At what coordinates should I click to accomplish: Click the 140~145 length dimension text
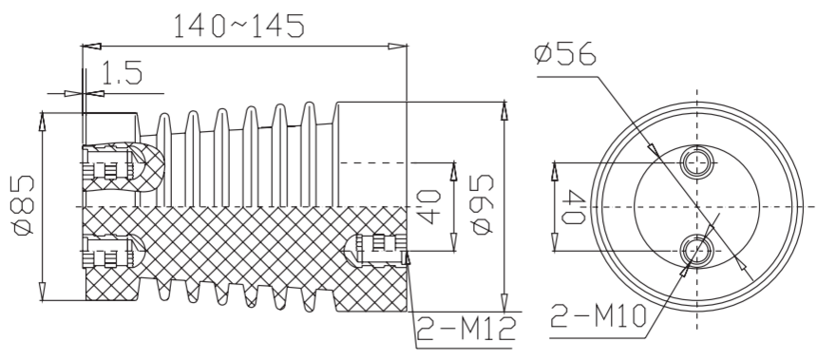[x=238, y=26]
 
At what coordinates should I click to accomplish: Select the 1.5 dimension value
[x=122, y=73]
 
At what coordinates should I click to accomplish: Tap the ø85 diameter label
[x=24, y=206]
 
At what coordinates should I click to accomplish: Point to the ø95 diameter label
[x=481, y=204]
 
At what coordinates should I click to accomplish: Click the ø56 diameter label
[x=565, y=52]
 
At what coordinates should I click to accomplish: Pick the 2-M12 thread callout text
[x=466, y=330]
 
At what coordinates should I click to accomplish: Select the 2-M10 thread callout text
[x=598, y=315]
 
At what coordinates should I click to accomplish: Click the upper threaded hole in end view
[x=697, y=162]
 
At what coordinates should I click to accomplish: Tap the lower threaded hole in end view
[x=697, y=251]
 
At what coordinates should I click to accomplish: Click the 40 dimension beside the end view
[x=574, y=207]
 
